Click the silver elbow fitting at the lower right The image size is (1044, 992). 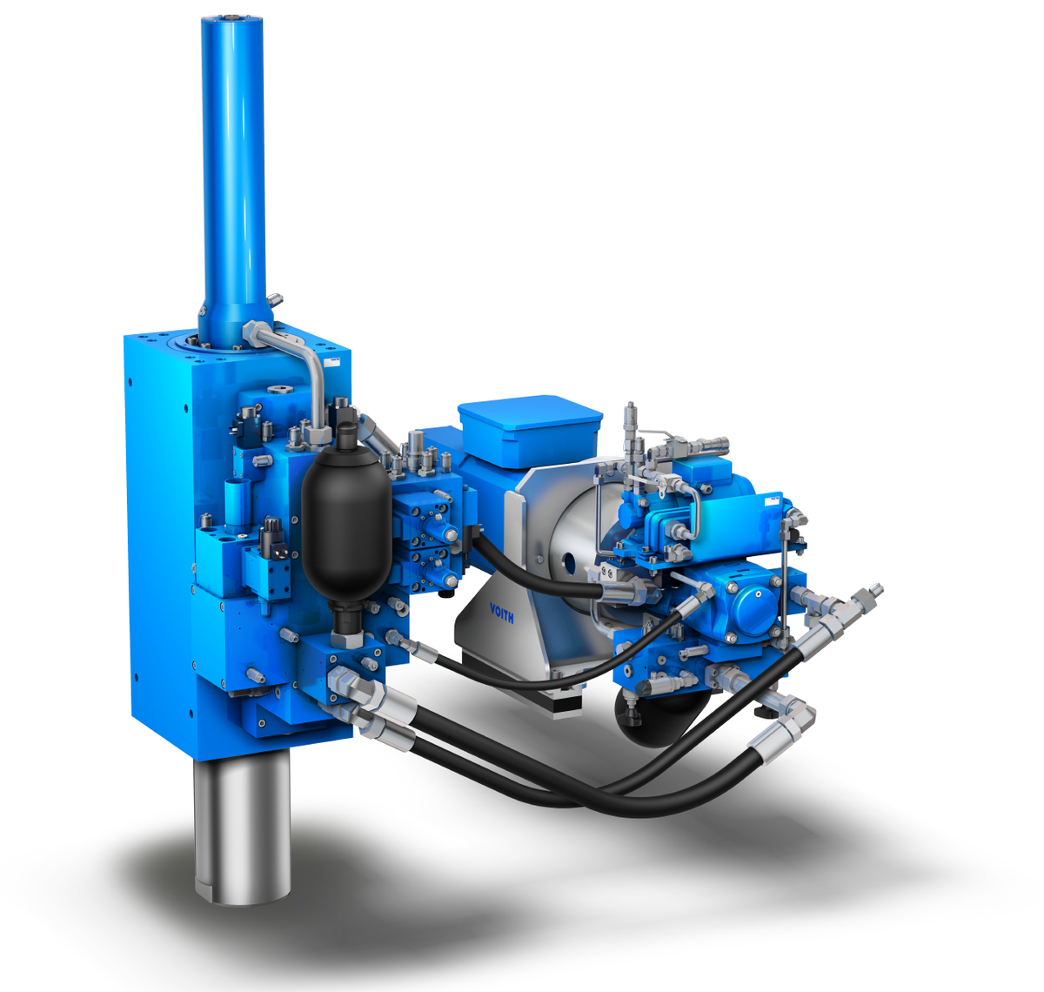click(793, 722)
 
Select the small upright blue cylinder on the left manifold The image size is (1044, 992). click(237, 505)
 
